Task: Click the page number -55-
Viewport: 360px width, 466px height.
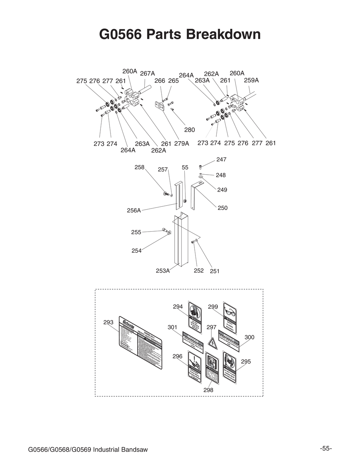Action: click(x=326, y=448)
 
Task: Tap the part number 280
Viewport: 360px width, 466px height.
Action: click(x=189, y=130)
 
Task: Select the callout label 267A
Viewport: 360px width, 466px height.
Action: click(x=147, y=73)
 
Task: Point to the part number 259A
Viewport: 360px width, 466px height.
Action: click(x=251, y=80)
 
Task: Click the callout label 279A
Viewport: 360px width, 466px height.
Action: click(x=181, y=144)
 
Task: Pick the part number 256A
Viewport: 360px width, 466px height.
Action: click(x=134, y=210)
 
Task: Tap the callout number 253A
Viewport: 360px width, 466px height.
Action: click(x=163, y=271)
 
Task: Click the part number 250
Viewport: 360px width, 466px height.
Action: click(x=222, y=208)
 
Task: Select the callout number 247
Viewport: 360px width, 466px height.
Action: click(x=221, y=159)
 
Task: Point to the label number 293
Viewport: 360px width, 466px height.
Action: click(x=108, y=322)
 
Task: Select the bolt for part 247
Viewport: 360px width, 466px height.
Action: click(x=201, y=166)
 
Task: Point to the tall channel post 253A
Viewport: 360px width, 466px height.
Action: click(x=180, y=241)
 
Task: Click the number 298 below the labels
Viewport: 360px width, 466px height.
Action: click(x=208, y=390)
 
